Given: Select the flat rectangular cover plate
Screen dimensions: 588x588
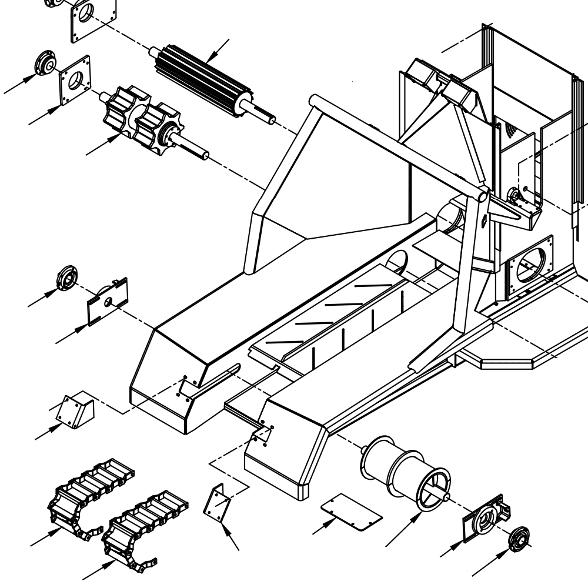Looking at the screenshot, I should pos(351,510).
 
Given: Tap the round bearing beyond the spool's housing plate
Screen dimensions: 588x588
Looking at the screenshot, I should pos(519,539).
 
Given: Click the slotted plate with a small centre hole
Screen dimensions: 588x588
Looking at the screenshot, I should pos(108,300).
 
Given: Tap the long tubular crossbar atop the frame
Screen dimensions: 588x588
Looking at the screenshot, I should pos(400,144).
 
